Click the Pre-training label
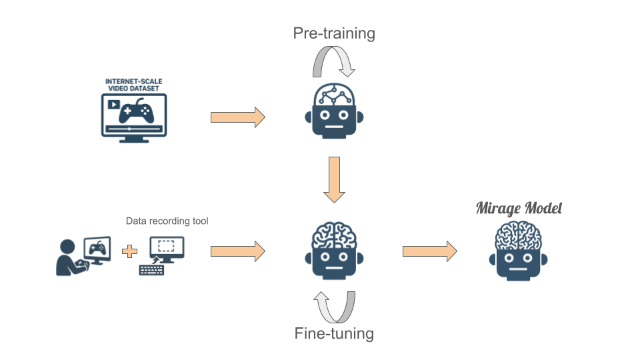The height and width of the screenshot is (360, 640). [x=334, y=33]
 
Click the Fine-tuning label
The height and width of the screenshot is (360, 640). [x=334, y=333]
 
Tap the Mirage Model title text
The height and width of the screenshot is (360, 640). [x=519, y=208]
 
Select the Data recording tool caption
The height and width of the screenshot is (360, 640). [x=167, y=221]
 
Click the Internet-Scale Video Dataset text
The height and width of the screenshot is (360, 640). [x=134, y=84]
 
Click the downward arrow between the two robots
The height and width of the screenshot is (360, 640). [x=334, y=179]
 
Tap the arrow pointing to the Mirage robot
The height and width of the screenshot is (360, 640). [x=429, y=251]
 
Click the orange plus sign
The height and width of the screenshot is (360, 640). [x=130, y=252]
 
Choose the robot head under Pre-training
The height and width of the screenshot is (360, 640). [x=334, y=109]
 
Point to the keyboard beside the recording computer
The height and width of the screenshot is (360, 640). [x=151, y=270]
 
